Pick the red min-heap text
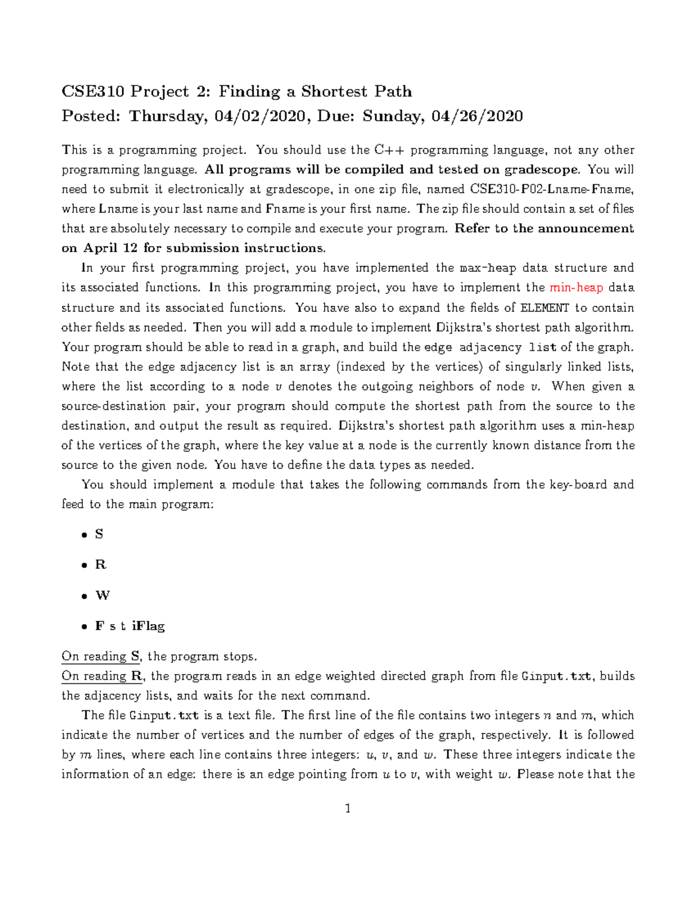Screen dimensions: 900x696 [576, 288]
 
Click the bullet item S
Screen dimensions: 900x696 [99, 534]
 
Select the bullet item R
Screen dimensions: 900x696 [100, 565]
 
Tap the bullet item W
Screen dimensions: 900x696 [103, 596]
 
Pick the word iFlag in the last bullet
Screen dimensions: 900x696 [148, 626]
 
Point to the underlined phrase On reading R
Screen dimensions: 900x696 [101, 676]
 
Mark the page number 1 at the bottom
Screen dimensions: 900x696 [347, 809]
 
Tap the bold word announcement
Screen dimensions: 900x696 [586, 229]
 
